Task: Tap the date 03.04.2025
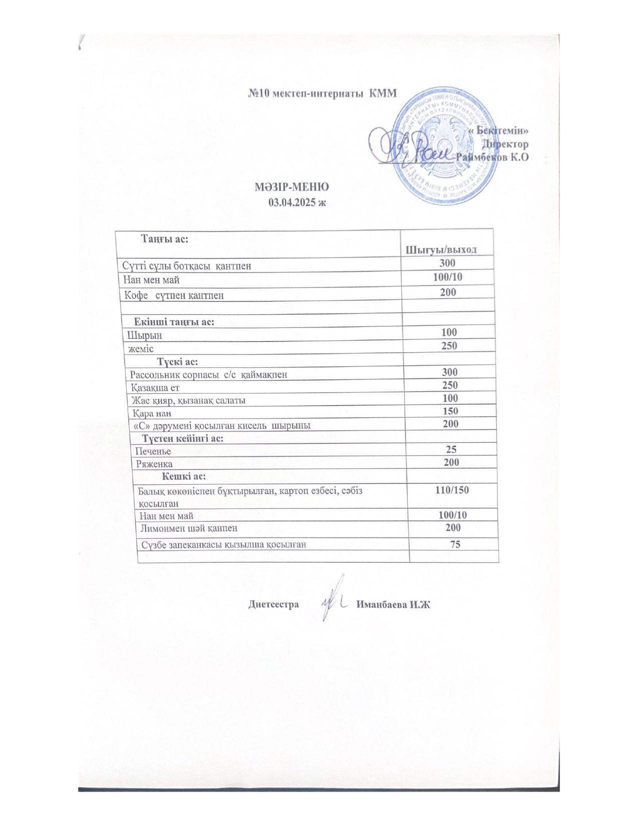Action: point(297,202)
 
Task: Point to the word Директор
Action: point(504,144)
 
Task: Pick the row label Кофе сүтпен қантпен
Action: point(175,295)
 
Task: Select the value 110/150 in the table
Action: point(452,490)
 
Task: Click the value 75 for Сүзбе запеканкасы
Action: point(455,544)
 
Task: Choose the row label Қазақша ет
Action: point(155,387)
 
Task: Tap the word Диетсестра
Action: point(274,604)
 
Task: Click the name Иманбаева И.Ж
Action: point(393,604)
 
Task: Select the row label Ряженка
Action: point(155,464)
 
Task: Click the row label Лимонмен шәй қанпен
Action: point(189,528)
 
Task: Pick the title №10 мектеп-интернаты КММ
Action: point(322,93)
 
